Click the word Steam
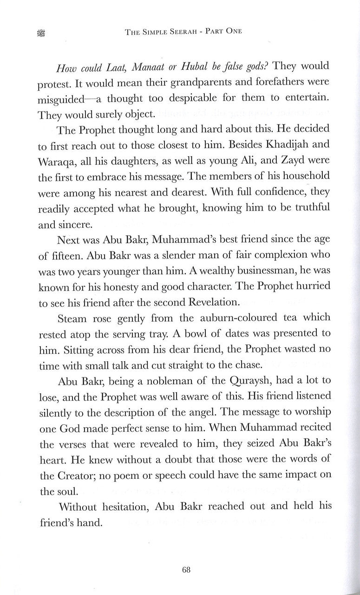[x=73, y=318]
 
